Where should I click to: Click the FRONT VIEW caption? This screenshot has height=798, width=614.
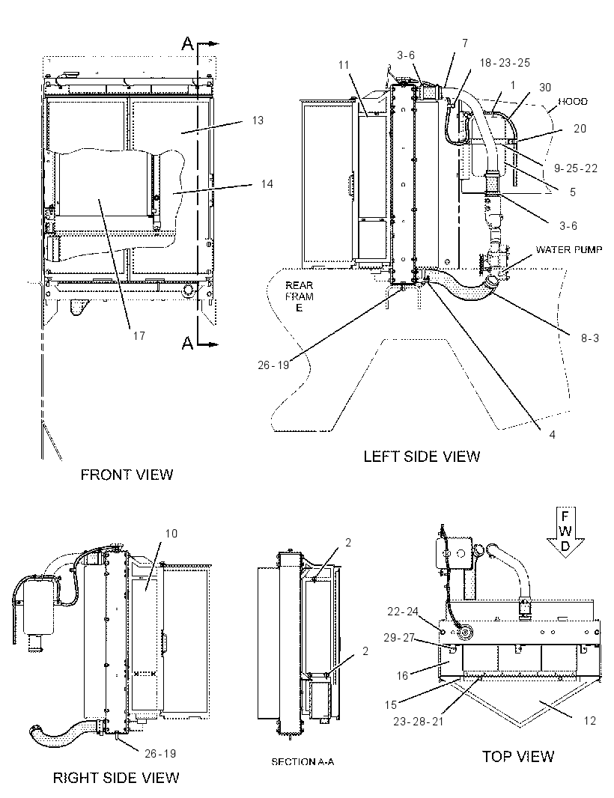tap(127, 475)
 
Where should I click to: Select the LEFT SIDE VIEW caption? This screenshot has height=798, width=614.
tap(422, 457)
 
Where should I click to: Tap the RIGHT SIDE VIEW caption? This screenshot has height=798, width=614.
tap(116, 778)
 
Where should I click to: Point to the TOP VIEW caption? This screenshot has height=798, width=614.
tap(517, 756)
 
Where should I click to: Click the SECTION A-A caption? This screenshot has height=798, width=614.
tap(303, 762)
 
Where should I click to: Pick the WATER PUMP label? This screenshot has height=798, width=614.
tap(568, 249)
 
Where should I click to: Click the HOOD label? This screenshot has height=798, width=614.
tap(573, 101)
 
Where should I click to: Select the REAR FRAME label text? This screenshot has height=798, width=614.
tap(300, 296)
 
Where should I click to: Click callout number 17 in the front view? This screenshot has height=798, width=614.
tap(139, 336)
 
